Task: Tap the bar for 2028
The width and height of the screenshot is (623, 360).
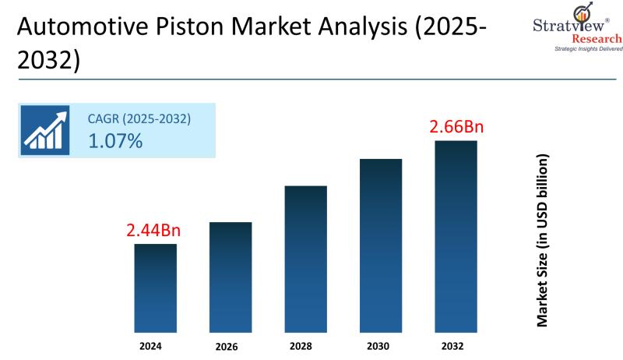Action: (305, 257)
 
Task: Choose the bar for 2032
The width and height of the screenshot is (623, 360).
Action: (456, 235)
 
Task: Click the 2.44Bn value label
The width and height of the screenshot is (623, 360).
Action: (153, 231)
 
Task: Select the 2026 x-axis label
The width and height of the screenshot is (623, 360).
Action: (231, 345)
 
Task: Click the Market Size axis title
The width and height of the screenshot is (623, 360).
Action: (543, 240)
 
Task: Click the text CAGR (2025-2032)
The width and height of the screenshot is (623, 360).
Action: (139, 119)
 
